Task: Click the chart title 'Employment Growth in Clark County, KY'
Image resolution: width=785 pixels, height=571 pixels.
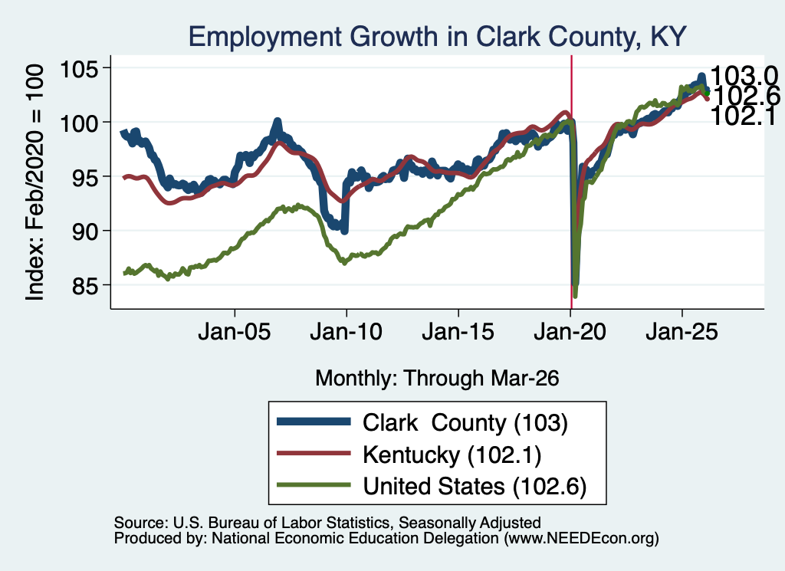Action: click(x=437, y=37)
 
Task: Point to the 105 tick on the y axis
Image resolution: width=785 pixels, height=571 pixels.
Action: click(x=80, y=68)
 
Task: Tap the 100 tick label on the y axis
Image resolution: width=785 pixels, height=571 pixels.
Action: click(x=80, y=123)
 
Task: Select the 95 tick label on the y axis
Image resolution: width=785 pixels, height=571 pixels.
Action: click(x=85, y=176)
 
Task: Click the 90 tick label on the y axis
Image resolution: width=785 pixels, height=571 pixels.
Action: click(x=85, y=231)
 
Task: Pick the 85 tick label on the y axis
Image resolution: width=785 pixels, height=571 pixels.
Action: click(x=85, y=285)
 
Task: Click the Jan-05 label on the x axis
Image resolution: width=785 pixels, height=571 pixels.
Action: click(x=235, y=332)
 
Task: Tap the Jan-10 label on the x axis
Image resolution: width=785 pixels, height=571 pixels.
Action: click(x=346, y=332)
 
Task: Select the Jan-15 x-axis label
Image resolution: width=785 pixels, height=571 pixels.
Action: click(x=458, y=332)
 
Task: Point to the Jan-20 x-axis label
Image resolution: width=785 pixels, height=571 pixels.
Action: click(x=570, y=332)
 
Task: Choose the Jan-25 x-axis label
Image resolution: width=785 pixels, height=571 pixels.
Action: click(x=682, y=332)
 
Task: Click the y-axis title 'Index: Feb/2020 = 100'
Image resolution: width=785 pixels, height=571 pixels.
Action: click(x=34, y=182)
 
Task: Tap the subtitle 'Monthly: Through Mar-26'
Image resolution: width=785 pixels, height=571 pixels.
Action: click(x=437, y=379)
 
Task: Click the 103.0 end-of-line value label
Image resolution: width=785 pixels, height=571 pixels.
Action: click(x=744, y=77)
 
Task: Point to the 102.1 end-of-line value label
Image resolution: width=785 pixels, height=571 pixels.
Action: click(x=743, y=116)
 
